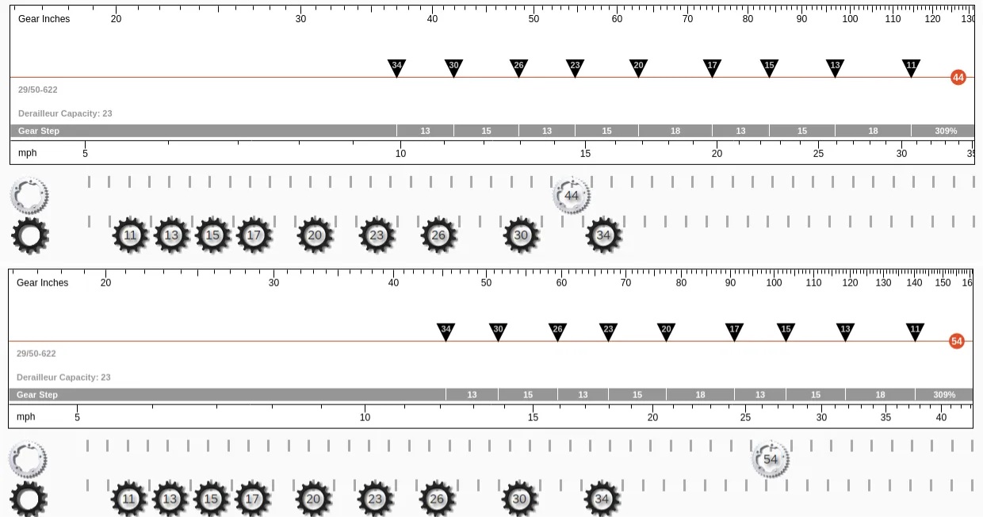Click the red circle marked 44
[x=958, y=78]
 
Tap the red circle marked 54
[x=957, y=342]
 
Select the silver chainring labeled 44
[x=572, y=195]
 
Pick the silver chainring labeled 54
[x=771, y=459]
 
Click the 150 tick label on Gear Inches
[x=943, y=282]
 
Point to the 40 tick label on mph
[x=941, y=417]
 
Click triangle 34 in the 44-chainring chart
[x=396, y=68]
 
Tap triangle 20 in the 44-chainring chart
[x=638, y=68]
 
